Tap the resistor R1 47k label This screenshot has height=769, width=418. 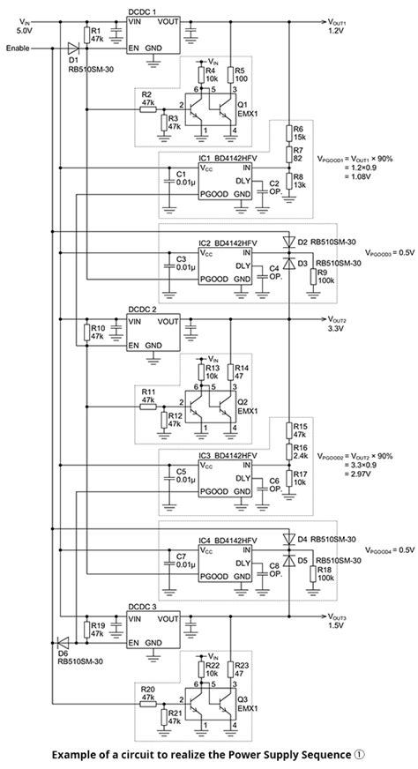[97, 35]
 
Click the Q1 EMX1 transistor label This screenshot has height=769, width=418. [249, 108]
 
